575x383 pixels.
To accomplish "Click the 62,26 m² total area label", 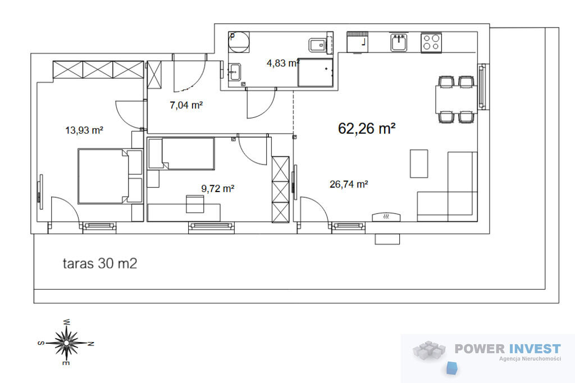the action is point(366,129).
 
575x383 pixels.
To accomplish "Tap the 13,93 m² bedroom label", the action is point(84,130).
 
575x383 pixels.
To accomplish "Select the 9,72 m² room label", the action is point(217,189).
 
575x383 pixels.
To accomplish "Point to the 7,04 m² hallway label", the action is point(186,105).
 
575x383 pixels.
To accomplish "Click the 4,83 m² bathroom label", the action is point(283,63).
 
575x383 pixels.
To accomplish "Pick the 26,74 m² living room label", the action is point(349,184).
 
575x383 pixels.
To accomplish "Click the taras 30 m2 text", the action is point(100,263).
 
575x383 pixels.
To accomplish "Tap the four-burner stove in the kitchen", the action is point(431,43).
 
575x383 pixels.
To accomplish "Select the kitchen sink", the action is point(399,43).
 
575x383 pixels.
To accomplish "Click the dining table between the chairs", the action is point(456,99).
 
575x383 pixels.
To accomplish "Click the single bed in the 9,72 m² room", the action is point(181,153).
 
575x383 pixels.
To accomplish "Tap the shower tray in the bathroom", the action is point(316,72).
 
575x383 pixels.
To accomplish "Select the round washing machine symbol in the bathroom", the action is point(239,42).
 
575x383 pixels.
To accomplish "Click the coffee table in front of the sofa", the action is point(419,163).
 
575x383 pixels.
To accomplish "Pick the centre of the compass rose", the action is point(66,343).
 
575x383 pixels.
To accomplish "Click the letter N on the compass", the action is point(91,344).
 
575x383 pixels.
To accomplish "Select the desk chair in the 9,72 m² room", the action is point(195,204).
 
